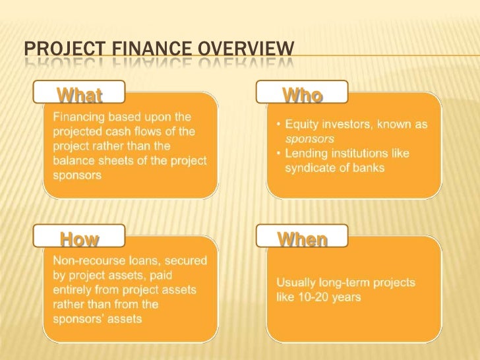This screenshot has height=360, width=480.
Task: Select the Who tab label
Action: click(x=302, y=96)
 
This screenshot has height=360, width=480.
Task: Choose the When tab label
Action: click(x=302, y=239)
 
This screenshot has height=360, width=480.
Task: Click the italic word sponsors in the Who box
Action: click(x=309, y=139)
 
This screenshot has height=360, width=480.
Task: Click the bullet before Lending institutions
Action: click(x=279, y=154)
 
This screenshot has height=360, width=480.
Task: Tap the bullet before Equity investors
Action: click(x=279, y=125)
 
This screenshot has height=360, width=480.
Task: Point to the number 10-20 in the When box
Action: click(x=313, y=297)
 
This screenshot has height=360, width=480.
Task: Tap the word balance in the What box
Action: click(x=72, y=161)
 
